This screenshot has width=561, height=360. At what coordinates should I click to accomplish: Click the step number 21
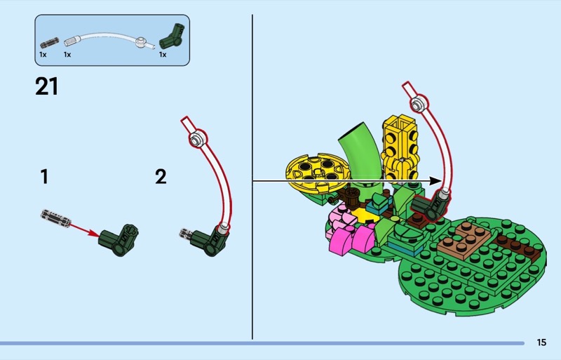click(46, 87)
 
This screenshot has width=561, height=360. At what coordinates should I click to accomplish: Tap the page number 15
click(541, 342)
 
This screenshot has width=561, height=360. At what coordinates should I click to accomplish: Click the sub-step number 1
click(44, 177)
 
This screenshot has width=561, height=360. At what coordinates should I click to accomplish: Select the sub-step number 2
click(161, 177)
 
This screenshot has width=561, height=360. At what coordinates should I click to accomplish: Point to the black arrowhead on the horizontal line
click(435, 181)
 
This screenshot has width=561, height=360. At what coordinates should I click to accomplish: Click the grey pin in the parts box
click(49, 44)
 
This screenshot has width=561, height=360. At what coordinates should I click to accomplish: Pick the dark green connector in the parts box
click(172, 36)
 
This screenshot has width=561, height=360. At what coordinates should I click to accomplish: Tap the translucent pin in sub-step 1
click(55, 218)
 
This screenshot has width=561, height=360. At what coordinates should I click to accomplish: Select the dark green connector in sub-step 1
click(119, 240)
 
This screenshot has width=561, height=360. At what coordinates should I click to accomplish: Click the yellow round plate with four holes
click(316, 173)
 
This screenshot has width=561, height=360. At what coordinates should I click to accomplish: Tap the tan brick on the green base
click(464, 239)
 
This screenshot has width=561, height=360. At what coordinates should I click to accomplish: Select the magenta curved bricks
click(351, 238)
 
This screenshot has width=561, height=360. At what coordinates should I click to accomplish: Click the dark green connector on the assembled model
click(429, 208)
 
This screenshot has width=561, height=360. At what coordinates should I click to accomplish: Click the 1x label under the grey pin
click(43, 55)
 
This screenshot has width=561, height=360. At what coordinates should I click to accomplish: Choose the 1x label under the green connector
click(163, 55)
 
